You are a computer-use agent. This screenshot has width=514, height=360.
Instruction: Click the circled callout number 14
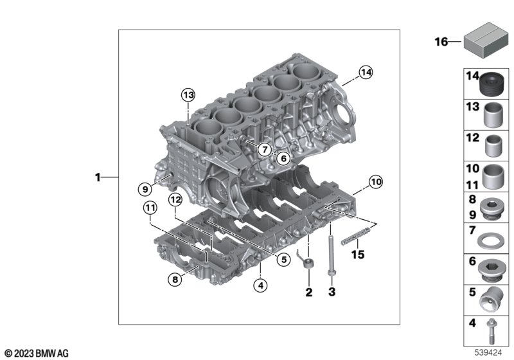[366, 72]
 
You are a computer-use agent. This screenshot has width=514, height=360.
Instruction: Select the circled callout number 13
[188, 95]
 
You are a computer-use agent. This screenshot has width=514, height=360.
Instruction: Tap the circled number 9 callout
[145, 189]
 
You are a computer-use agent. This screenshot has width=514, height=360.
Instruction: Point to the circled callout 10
[376, 182]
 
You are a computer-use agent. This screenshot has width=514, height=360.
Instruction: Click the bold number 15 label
[358, 255]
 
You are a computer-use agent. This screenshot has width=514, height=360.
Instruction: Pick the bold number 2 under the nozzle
[309, 292]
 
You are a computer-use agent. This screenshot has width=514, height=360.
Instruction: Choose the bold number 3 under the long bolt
[332, 291]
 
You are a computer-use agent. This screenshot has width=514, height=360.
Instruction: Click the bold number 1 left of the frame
[98, 177]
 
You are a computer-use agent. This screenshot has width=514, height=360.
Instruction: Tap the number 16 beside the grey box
[441, 42]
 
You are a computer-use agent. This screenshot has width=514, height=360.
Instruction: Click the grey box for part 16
[486, 40]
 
